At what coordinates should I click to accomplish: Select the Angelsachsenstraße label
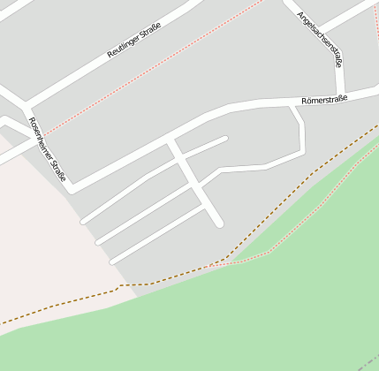(321, 39)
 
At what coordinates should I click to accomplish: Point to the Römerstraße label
(324, 100)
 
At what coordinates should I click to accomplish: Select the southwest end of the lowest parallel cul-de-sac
(112, 261)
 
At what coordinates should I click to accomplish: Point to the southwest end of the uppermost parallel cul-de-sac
(83, 221)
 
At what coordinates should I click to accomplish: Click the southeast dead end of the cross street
(219, 223)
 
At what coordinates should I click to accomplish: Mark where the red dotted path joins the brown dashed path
(212, 264)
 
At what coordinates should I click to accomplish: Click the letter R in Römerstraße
(303, 102)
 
